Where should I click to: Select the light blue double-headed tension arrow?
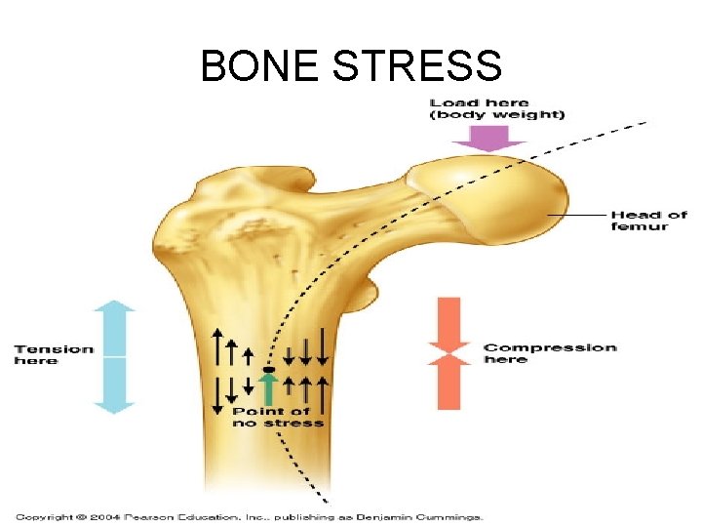pyautogui.click(x=114, y=357)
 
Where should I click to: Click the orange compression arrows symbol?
pyautogui.click(x=449, y=353)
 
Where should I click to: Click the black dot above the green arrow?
pyautogui.click(x=270, y=368)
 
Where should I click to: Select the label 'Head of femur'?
pyautogui.click(x=648, y=221)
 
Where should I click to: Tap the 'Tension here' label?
pyautogui.click(x=54, y=354)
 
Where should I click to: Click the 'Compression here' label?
pyautogui.click(x=550, y=353)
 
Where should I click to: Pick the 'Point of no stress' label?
pyautogui.click(x=278, y=417)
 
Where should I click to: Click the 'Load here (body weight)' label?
pyautogui.click(x=497, y=108)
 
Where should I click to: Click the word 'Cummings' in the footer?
pyautogui.click(x=452, y=516)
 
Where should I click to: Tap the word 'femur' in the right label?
pyautogui.click(x=640, y=227)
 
